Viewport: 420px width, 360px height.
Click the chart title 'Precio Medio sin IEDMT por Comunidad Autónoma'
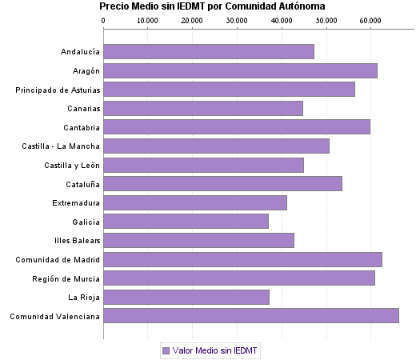click(212, 6)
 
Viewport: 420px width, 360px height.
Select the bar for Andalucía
click(209, 52)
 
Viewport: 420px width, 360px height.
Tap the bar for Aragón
click(240, 70)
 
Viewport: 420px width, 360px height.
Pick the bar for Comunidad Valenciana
click(251, 316)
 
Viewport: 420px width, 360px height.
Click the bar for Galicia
click(186, 222)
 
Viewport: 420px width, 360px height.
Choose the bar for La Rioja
click(186, 298)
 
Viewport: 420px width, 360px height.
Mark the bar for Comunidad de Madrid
click(242, 259)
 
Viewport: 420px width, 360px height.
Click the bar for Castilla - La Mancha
click(217, 146)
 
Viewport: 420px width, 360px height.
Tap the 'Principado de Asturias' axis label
click(58, 90)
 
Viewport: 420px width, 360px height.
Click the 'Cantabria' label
click(82, 127)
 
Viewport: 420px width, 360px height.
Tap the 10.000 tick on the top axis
click(148, 20)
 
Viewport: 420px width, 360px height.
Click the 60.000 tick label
click(370, 20)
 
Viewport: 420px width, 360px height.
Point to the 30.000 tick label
click(237, 20)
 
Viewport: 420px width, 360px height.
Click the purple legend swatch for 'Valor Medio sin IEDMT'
click(166, 350)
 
